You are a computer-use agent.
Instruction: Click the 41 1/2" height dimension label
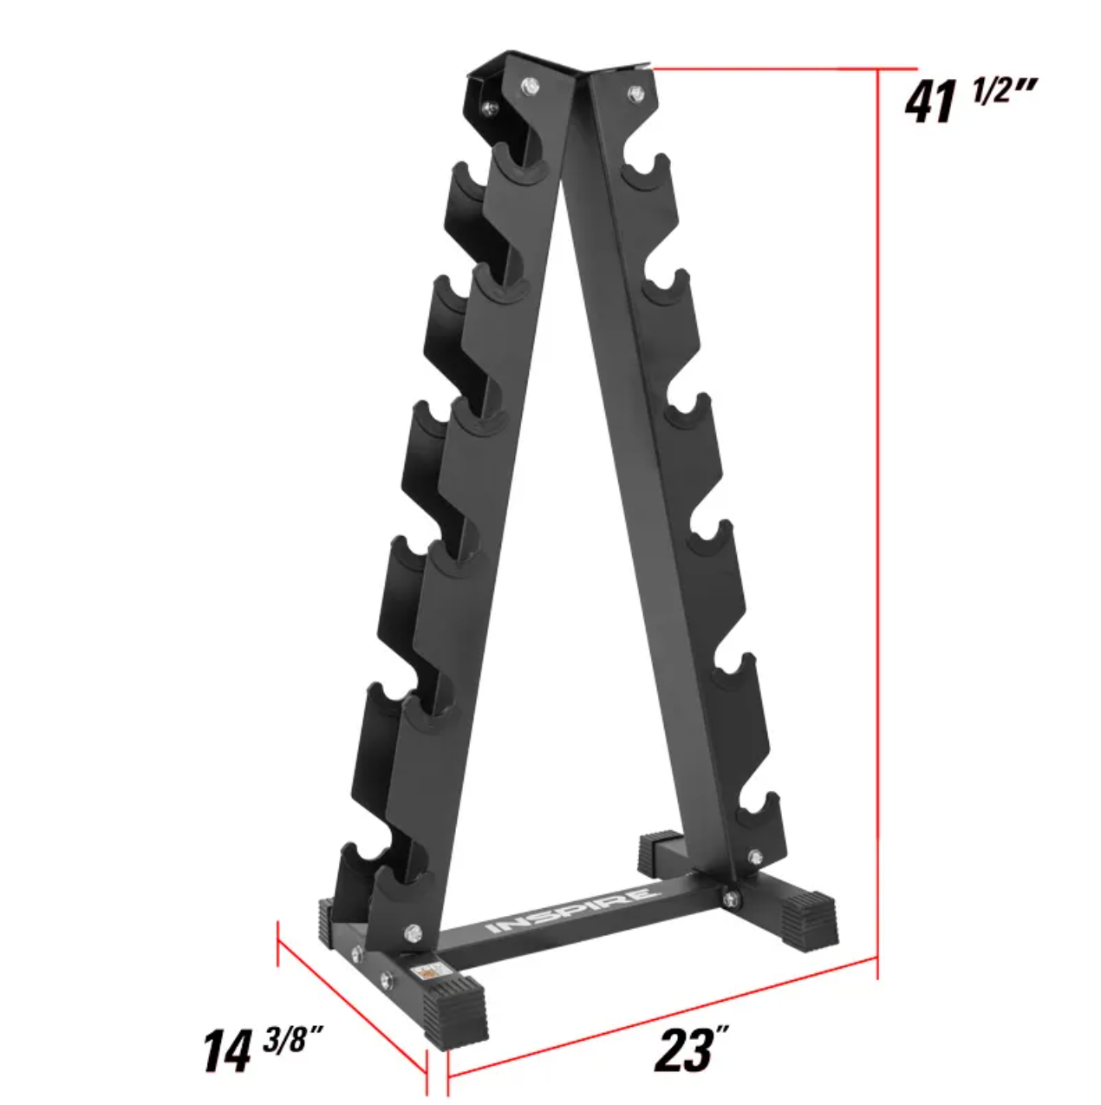point(970,101)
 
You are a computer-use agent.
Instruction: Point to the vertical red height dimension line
point(878,520)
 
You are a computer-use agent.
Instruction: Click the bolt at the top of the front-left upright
point(529,86)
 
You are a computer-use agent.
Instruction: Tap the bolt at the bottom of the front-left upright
point(412,932)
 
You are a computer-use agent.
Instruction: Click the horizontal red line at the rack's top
point(780,67)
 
